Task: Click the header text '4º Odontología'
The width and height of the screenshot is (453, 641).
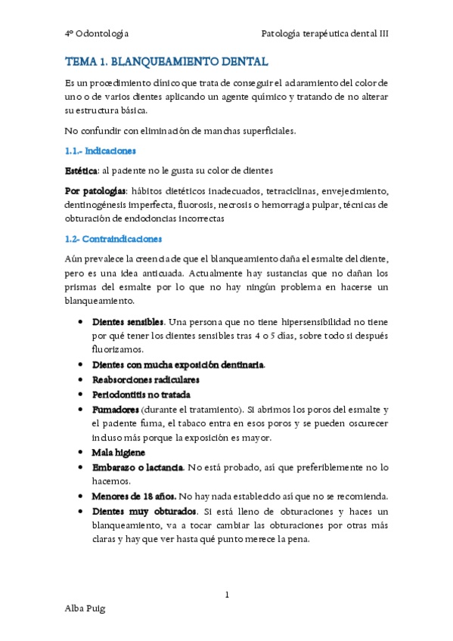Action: coord(97,33)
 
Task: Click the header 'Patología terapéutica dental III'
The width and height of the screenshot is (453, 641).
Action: coord(324,33)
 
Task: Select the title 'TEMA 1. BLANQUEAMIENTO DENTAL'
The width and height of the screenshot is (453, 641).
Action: coord(166,61)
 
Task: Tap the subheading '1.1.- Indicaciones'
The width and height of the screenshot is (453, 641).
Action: coord(100,150)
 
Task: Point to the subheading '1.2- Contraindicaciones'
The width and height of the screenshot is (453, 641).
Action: coord(113,239)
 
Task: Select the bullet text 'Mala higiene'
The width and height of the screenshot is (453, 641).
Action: coord(119,452)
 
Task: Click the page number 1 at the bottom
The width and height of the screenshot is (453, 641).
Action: coord(227,594)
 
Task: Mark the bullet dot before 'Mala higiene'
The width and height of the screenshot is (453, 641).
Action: coord(80,452)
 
